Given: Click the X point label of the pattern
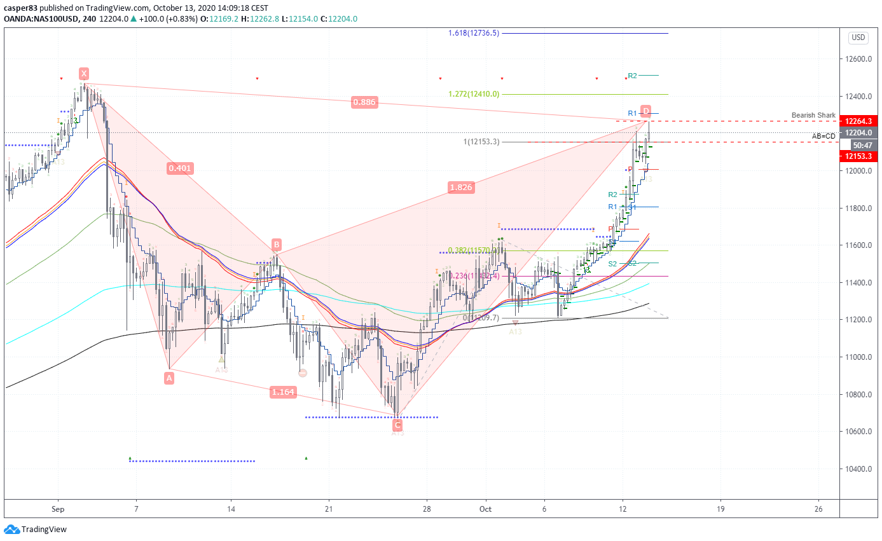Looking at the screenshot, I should point(84,72).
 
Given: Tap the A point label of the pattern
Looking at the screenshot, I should point(169,378).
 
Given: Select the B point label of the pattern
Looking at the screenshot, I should point(276,245).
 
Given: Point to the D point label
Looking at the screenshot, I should point(645,111).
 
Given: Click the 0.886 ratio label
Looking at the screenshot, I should point(364,102).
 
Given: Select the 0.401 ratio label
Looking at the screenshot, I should point(180,168).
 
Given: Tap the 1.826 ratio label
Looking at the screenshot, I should point(460,188).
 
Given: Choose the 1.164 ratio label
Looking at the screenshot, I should point(283,392).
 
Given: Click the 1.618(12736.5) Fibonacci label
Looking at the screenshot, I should point(474,33).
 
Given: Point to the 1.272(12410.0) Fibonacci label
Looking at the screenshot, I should point(474,94).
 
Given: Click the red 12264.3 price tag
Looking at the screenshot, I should point(858,121).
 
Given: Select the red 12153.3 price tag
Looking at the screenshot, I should point(858,156).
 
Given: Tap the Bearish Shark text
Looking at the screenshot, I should point(813,115).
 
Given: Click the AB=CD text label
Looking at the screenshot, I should point(823,136).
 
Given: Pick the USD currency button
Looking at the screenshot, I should point(858,38).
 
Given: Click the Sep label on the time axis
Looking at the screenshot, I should point(58,509).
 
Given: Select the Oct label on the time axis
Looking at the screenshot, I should point(486,509).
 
